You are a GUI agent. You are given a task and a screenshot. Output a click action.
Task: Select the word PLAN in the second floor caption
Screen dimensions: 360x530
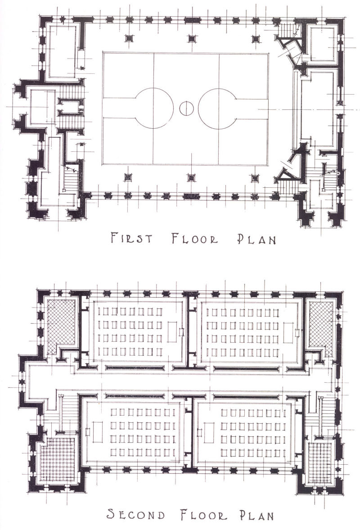coord(257,515)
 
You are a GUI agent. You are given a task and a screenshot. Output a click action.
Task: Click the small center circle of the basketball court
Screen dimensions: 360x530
coord(186,108)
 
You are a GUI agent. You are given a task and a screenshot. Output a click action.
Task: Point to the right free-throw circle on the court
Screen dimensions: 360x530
coord(218,109)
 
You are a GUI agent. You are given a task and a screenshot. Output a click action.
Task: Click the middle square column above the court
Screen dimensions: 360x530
coord(192,38)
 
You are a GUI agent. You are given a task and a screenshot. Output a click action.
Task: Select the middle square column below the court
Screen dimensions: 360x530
coord(192,177)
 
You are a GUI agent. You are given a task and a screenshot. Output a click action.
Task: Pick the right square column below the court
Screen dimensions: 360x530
coord(254,177)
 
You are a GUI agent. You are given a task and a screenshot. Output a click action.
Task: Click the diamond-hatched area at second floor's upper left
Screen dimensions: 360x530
coord(61,326)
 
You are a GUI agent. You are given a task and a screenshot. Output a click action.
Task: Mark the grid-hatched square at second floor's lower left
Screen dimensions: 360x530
coord(58,459)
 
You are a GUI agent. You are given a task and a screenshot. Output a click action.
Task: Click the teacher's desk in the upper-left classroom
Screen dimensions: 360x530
coord(172,332)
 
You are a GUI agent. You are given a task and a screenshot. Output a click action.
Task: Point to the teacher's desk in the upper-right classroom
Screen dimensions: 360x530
coord(288,333)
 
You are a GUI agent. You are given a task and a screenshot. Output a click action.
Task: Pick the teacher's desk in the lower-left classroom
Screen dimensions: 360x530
coord(98,431)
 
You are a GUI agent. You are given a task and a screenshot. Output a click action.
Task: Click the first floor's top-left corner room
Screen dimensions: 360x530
coord(63,51)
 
